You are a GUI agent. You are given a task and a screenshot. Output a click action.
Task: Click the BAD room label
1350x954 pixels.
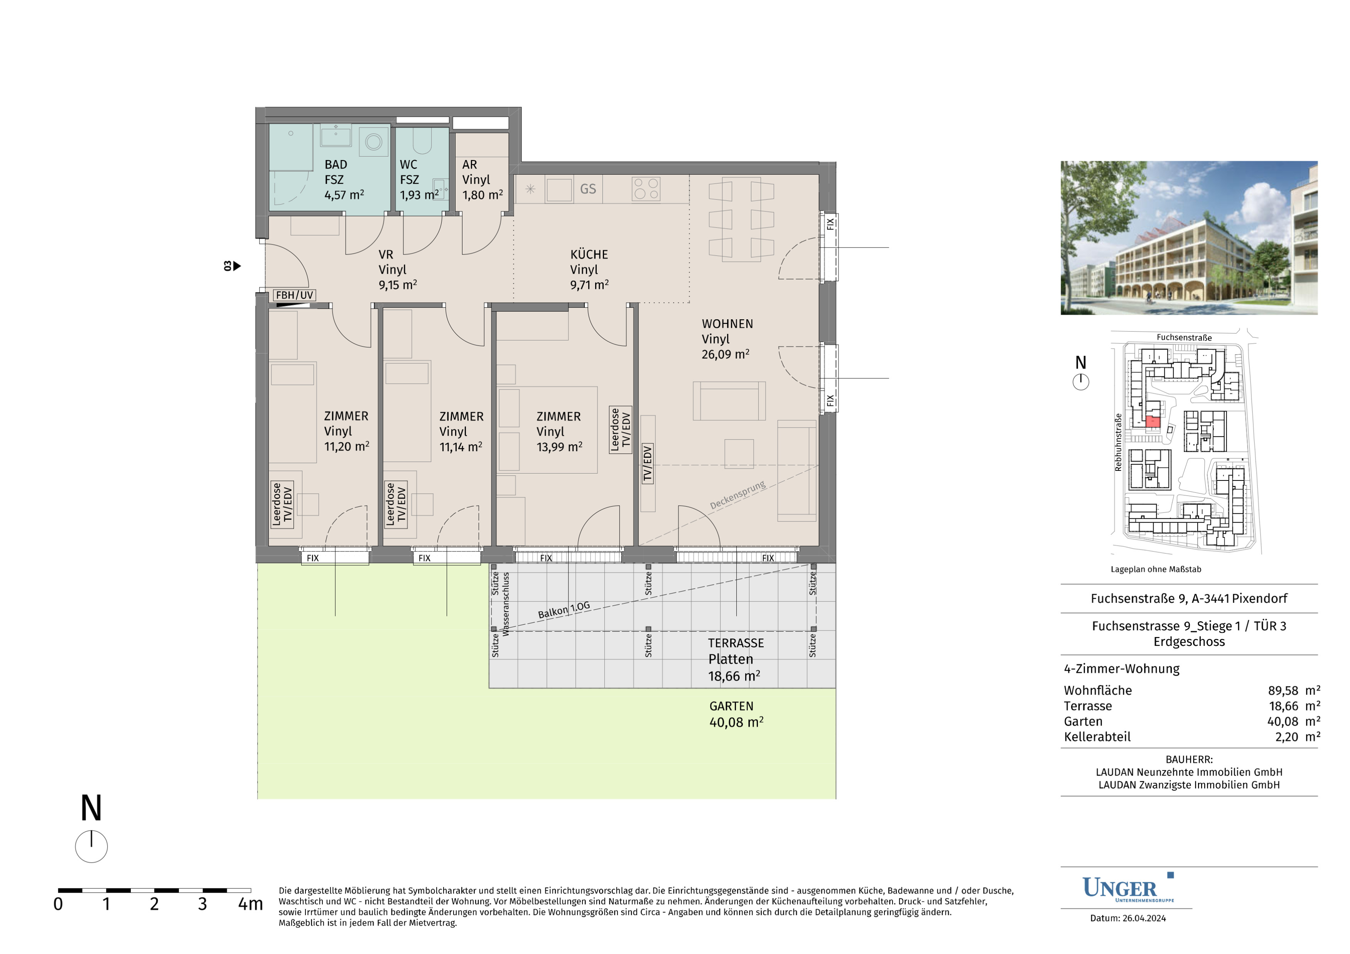coord(336,165)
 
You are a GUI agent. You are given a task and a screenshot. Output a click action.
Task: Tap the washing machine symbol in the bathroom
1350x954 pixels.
coord(374,141)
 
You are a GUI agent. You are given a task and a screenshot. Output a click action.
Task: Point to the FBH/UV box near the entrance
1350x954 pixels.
coord(295,295)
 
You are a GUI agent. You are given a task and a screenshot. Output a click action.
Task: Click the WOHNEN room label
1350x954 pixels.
coord(727,324)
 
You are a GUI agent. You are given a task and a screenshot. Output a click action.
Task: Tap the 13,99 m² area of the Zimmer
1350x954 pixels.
coord(559,447)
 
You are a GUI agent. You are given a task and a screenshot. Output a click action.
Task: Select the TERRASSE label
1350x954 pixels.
coord(736,643)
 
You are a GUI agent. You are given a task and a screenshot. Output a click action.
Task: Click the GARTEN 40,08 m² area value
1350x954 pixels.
coord(736,722)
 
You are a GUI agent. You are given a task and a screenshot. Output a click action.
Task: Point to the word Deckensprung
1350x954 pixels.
coord(738,495)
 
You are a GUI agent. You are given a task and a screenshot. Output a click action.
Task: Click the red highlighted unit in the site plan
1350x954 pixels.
coord(1153,421)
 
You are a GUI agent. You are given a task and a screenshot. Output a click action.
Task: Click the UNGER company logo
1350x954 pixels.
coord(1128,888)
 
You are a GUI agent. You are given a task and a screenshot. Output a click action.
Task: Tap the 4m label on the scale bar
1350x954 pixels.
coord(250,904)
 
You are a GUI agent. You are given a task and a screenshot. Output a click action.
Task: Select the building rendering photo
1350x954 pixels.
coord(1189,238)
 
